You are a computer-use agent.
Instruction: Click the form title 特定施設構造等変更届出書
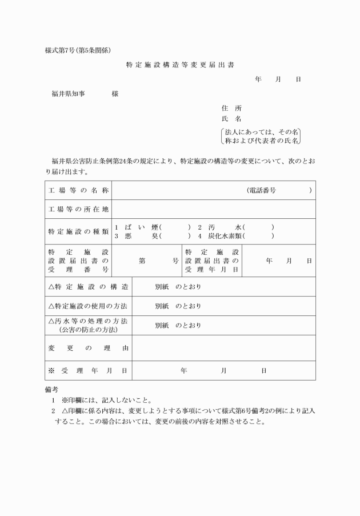(x=180, y=65)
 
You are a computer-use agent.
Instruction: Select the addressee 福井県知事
(x=69, y=93)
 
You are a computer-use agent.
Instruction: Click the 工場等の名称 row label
(x=78, y=190)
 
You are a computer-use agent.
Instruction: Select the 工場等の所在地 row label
(x=78, y=209)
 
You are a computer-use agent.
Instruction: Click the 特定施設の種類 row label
(x=78, y=231)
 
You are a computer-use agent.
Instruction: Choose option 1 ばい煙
(x=137, y=227)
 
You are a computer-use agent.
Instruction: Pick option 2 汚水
(x=218, y=227)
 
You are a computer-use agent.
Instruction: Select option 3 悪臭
(x=137, y=235)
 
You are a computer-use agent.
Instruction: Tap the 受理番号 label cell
(x=78, y=260)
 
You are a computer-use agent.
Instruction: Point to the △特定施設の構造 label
(x=88, y=286)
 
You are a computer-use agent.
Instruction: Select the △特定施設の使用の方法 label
(x=88, y=306)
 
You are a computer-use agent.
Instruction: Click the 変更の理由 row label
(x=88, y=347)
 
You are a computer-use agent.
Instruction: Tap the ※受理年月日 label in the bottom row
(x=88, y=370)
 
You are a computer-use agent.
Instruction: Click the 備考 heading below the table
(x=51, y=389)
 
